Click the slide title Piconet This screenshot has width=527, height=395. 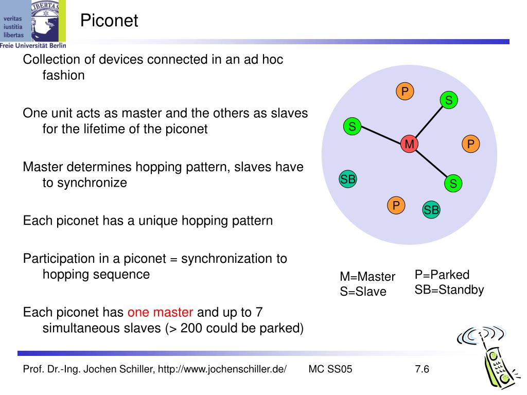(x=109, y=21)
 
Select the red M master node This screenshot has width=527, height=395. (x=410, y=145)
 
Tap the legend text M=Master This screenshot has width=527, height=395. (x=367, y=277)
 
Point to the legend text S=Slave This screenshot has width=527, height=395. (x=363, y=292)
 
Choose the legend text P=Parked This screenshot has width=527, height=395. (x=442, y=275)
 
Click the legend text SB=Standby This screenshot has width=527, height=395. (x=449, y=290)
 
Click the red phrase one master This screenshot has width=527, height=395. (x=161, y=312)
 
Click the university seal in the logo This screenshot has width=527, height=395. (x=49, y=21)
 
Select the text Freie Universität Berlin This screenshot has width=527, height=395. (x=33, y=45)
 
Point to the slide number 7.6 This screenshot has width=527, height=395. (x=421, y=369)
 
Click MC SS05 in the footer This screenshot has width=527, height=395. (x=330, y=369)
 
